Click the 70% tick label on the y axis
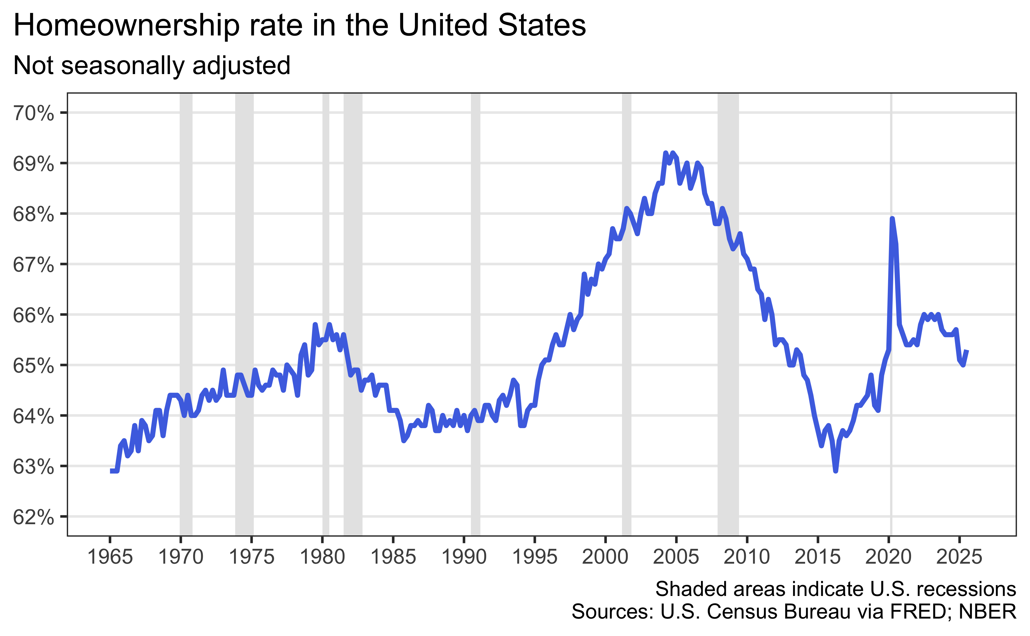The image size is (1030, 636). coord(34,114)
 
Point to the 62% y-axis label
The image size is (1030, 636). coord(34,517)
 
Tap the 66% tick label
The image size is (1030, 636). coord(34,315)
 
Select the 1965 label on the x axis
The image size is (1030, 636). coord(110,557)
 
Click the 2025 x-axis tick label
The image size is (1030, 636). coord(960,557)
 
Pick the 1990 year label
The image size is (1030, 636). coord(464,557)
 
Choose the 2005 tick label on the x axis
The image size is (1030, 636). coord(676,557)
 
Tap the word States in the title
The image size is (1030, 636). coord(542,25)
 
